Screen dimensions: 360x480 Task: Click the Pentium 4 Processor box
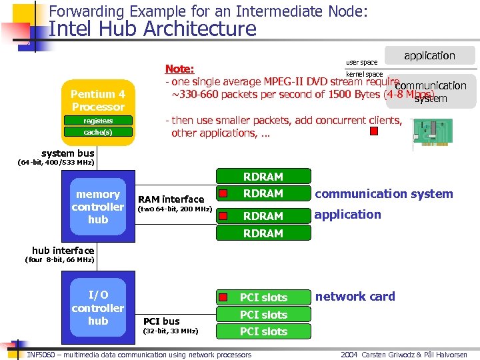[98, 100]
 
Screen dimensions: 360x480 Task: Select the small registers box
[98, 121]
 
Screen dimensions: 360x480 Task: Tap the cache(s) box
[98, 133]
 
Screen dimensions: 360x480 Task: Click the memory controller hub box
[98, 207]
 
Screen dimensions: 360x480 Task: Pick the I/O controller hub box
[98, 307]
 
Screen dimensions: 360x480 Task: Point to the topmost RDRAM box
[263, 177]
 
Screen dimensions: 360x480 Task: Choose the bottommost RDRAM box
[263, 233]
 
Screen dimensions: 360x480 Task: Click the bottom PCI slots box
[263, 331]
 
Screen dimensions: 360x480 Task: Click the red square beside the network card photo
[374, 131]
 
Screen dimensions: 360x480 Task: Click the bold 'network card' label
[355, 297]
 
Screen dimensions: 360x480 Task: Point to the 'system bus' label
[67, 153]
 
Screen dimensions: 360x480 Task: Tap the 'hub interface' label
[63, 251]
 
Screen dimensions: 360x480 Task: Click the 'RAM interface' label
[171, 199]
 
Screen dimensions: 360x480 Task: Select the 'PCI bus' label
[162, 321]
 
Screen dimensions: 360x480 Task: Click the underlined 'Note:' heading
[179, 69]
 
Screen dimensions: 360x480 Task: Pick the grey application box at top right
[429, 56]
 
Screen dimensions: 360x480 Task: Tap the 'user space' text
[361, 63]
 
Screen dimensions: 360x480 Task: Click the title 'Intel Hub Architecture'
[153, 29]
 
